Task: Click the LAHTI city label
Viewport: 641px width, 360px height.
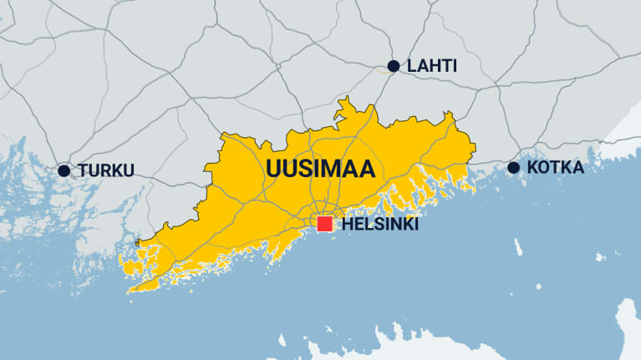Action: coord(432,66)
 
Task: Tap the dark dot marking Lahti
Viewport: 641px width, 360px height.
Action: coord(394,66)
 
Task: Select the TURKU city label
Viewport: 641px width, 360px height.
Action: coord(106,170)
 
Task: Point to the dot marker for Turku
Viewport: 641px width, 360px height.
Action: coord(64,170)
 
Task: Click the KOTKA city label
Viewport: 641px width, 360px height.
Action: coord(555,168)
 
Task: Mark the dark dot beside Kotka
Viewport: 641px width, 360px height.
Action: coord(513,168)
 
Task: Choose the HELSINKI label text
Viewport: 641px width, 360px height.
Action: coord(380,225)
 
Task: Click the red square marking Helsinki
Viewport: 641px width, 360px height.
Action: coord(325,225)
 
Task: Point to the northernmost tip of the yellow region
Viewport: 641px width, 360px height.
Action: coord(341,101)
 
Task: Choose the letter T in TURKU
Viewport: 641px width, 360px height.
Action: coord(84,170)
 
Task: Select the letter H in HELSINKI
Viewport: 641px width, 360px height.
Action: coord(347,225)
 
